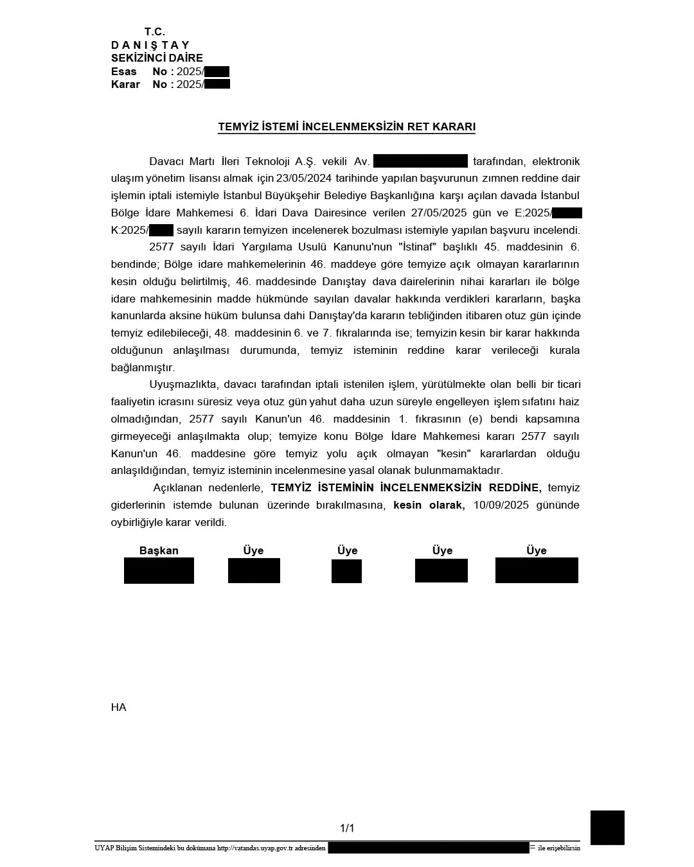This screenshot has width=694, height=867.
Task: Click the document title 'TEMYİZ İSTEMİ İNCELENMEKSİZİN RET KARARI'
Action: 346,127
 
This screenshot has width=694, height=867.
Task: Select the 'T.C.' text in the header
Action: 155,31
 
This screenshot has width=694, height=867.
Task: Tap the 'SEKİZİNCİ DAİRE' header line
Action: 157,58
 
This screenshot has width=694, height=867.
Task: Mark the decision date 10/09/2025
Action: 501,505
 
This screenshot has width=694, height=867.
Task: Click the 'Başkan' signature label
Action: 159,550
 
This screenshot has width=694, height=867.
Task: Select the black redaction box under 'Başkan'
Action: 159,570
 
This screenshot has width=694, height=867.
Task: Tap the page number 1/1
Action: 347,828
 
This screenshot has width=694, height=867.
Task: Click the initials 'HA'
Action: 118,707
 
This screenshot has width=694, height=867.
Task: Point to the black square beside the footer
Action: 607,827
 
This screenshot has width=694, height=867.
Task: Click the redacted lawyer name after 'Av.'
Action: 420,161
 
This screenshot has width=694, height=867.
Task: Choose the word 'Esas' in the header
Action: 124,71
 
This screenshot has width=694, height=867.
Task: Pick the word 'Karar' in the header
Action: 125,84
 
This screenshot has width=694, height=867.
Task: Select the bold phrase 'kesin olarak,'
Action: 429,505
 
